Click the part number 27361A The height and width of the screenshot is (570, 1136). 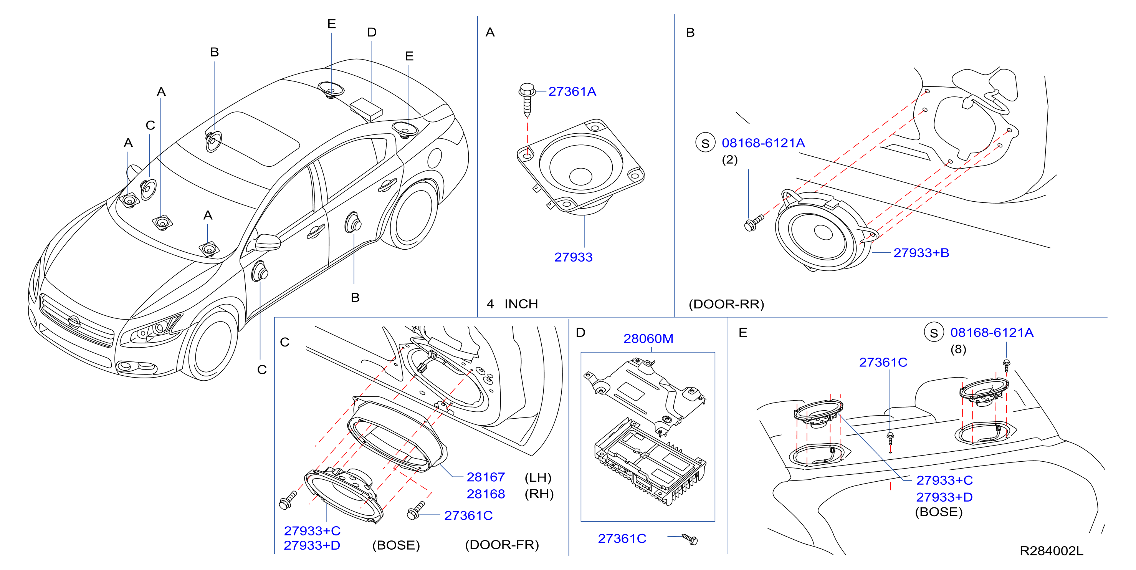(572, 91)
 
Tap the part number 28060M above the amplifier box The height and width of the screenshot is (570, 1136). (648, 338)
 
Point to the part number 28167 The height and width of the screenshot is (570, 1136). (486, 477)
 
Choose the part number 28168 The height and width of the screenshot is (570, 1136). (486, 494)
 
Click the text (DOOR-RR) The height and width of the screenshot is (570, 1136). (726, 304)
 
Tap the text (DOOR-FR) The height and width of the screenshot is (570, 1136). (502, 545)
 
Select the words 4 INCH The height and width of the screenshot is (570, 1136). (512, 304)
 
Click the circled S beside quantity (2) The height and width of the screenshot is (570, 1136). (705, 143)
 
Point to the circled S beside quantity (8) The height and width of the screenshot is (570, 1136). (934, 333)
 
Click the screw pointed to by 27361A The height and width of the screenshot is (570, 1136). (527, 99)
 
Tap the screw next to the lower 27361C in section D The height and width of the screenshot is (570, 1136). (690, 539)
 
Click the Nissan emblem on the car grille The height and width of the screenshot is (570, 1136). (74, 323)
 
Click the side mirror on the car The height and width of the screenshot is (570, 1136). (267, 242)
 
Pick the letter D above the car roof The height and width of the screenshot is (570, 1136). (372, 32)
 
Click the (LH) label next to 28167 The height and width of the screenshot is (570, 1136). (538, 477)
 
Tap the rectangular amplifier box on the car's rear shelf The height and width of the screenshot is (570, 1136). (366, 109)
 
